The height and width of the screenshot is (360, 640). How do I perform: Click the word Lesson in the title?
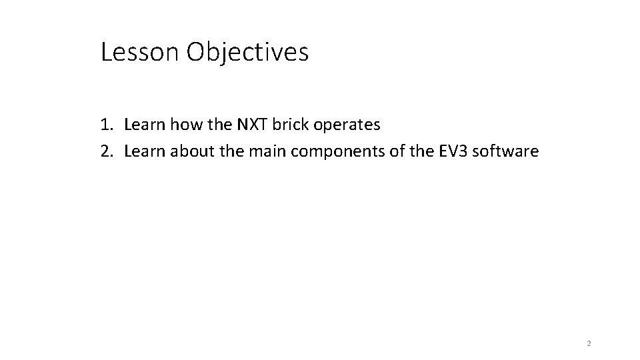point(140,52)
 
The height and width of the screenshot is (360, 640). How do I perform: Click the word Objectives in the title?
point(247,52)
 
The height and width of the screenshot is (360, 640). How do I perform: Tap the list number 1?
point(107,124)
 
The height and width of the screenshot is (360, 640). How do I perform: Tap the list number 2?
point(107,151)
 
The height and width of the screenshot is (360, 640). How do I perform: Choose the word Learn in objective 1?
point(146,124)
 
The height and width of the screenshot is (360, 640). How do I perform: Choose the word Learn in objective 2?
point(146,151)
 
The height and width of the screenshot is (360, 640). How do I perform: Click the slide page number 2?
point(588,344)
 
